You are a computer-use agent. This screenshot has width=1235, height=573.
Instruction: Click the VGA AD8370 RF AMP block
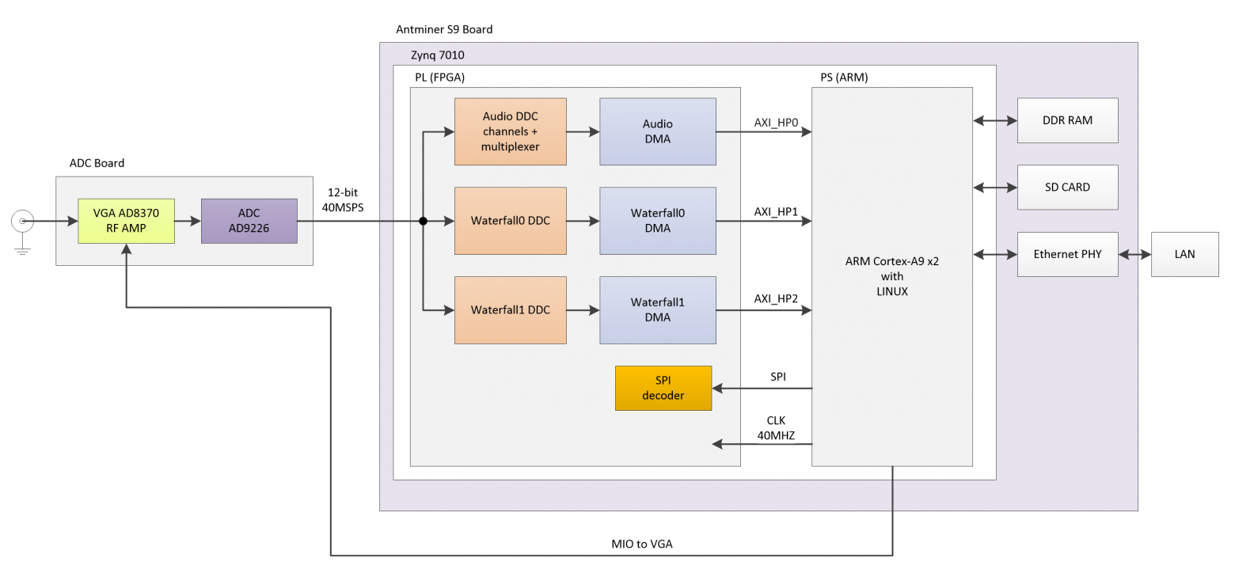coord(126,221)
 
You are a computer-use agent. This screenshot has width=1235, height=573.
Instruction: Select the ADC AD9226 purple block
coord(249,221)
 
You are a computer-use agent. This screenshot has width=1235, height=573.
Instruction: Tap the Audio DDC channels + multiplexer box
coord(510,131)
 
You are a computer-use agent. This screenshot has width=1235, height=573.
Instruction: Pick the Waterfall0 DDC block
coord(510,221)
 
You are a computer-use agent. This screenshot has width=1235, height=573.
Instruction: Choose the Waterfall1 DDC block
coord(510,310)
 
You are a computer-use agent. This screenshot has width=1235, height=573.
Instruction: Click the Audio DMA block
coord(657,131)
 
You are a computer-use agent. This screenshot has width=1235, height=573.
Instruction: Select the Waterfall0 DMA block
coord(657,221)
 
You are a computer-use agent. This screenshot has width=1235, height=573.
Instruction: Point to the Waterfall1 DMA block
coord(657,310)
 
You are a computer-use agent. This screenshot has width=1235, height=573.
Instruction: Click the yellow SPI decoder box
coord(663,388)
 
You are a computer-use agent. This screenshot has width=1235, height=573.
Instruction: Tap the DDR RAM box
coord(1067,120)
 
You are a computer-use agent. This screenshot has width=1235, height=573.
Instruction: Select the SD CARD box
coord(1067,188)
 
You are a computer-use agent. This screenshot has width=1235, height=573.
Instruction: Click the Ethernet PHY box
coord(1067,254)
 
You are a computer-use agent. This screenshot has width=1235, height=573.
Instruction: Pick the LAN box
coord(1184,254)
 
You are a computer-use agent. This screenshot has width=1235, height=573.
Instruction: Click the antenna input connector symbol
coord(22,222)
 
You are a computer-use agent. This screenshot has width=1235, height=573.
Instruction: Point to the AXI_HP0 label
coord(776,123)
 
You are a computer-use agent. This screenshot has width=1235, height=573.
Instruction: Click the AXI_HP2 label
coord(776,299)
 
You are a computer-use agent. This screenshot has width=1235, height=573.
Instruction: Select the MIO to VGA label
coord(642,544)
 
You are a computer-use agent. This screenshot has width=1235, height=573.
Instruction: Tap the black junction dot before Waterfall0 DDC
coord(424,222)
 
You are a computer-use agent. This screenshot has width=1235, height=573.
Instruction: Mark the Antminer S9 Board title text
coord(444,29)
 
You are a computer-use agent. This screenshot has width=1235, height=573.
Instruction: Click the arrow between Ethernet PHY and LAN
coord(1134,254)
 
